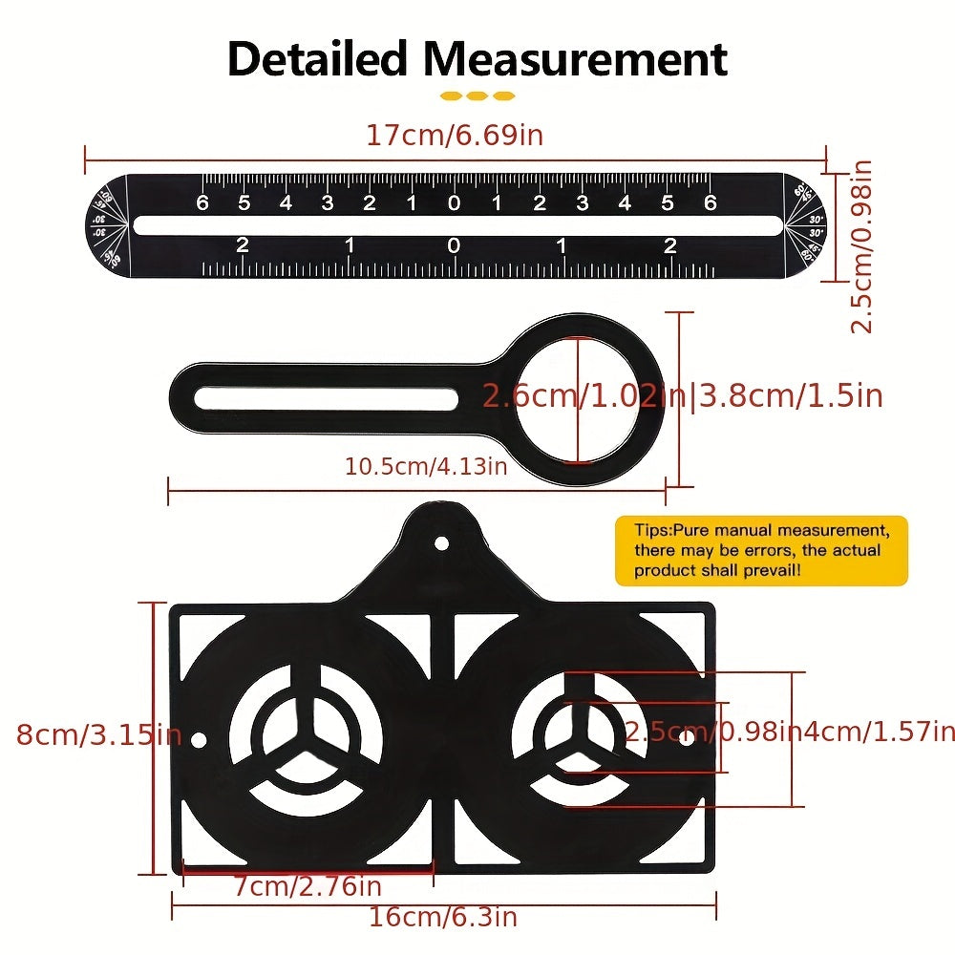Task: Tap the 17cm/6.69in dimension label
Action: click(455, 135)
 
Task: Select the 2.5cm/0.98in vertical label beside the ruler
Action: click(861, 246)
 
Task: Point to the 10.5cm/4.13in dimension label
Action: click(426, 466)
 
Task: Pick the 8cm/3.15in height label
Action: click(97, 735)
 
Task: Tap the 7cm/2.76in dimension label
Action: click(308, 885)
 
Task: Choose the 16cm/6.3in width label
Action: click(443, 918)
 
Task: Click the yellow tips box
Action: click(760, 551)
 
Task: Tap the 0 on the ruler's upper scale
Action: click(454, 202)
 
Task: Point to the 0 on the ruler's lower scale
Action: click(454, 246)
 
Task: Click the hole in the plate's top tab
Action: click(441, 542)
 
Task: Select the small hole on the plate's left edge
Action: click(199, 740)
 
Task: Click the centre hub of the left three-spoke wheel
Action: click(306, 739)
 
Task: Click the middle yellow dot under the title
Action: click(477, 96)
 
